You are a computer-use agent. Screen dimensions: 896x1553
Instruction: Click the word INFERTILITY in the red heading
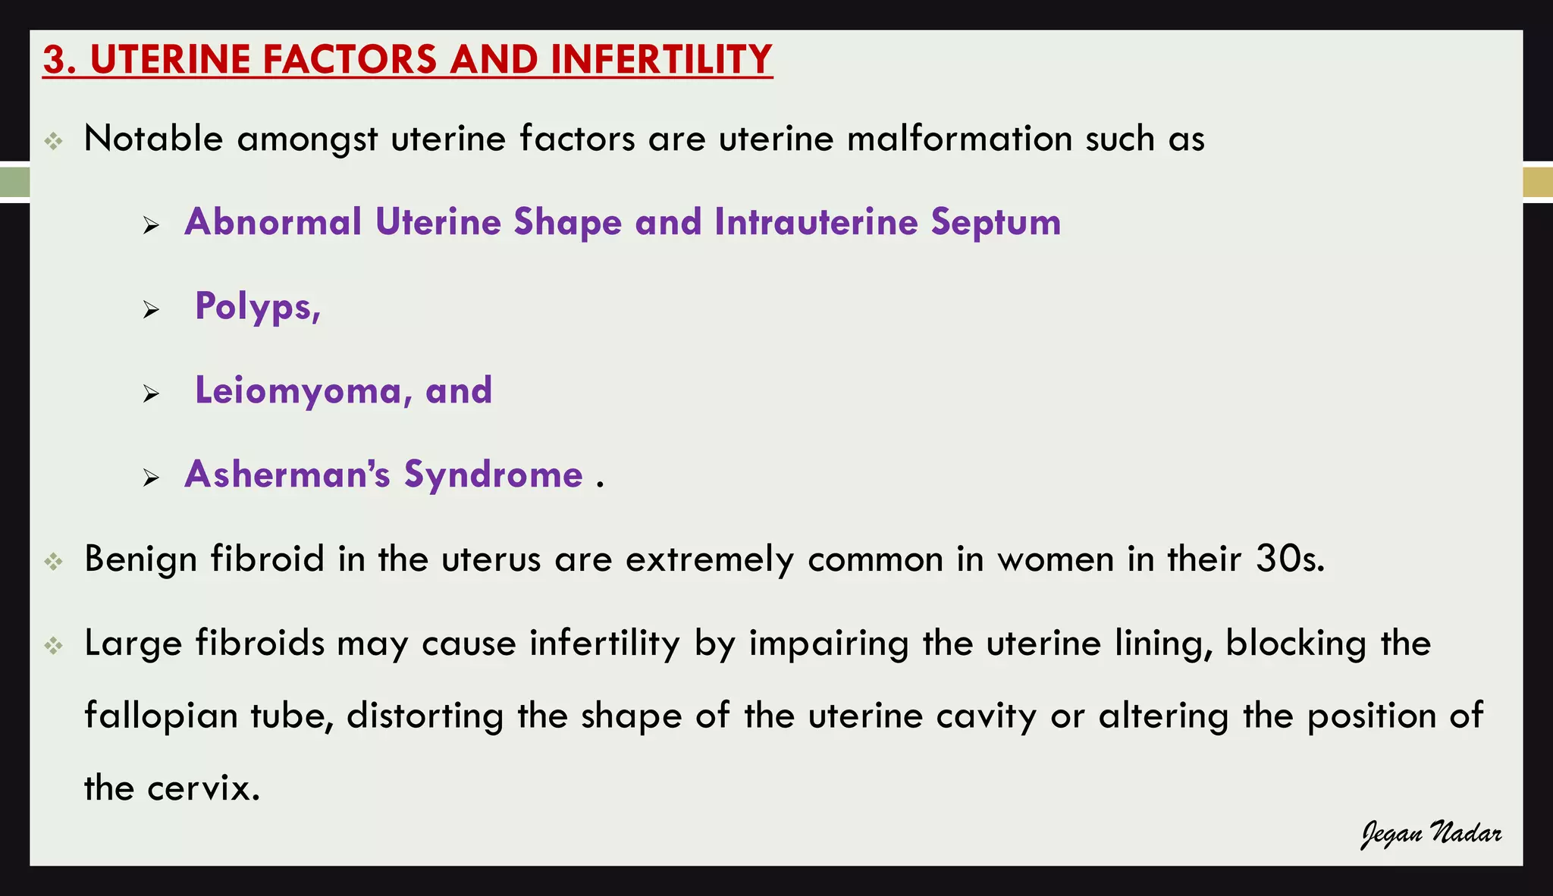point(661,59)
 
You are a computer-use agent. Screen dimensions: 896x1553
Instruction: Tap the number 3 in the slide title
point(55,59)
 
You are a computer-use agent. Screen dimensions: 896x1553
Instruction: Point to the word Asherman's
point(287,475)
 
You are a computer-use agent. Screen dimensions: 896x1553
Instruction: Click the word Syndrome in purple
point(493,476)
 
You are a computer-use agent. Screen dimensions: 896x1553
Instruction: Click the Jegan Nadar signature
point(1431,834)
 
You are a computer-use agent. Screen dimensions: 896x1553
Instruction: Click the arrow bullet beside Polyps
point(151,310)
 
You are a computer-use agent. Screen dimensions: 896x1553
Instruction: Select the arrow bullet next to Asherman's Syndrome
point(151,478)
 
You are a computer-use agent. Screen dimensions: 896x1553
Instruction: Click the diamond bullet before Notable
point(53,141)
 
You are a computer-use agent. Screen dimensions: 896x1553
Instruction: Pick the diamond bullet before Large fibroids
point(53,646)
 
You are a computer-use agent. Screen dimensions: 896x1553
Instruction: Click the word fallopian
point(161,716)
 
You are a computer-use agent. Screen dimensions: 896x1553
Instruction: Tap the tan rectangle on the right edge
point(1538,183)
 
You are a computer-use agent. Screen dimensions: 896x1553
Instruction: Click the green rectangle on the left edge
point(14,183)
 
